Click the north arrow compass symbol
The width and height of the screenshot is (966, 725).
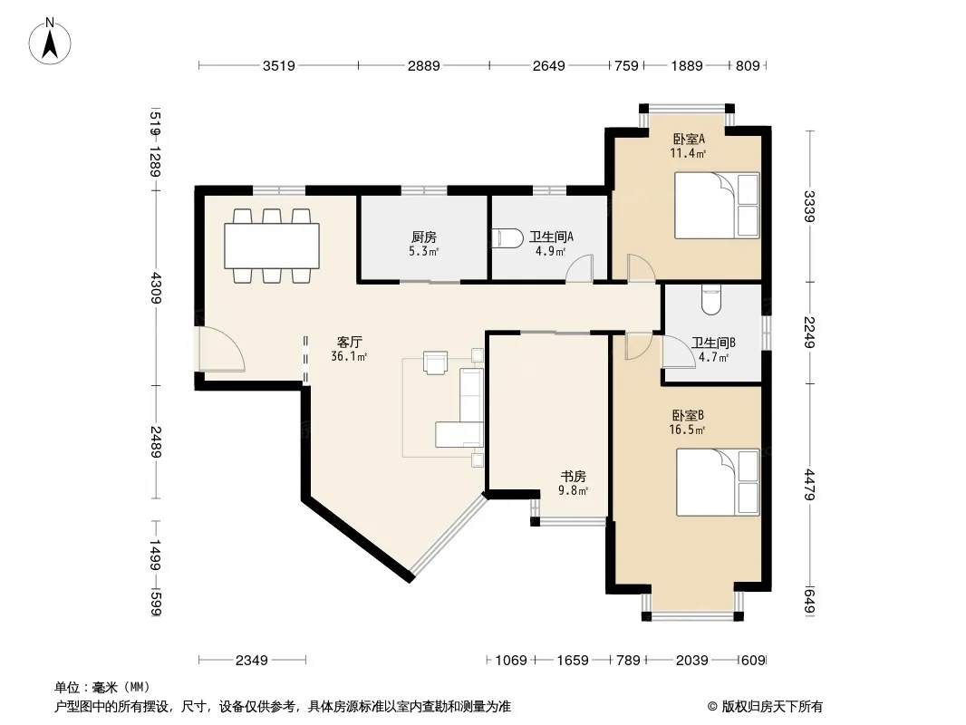[x=50, y=42]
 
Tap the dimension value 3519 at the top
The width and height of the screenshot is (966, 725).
[x=279, y=65]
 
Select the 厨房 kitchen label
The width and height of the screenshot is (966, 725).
[x=424, y=237]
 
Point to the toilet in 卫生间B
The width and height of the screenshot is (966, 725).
[x=711, y=300]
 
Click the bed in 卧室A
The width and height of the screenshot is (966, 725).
[x=717, y=205]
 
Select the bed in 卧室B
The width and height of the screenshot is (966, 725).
[x=718, y=482]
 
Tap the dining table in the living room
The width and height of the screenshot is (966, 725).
[x=272, y=246]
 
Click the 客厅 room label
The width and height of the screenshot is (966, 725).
[x=349, y=342]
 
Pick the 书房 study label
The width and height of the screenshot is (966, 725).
[x=573, y=476]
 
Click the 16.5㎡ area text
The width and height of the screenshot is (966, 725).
[x=687, y=430]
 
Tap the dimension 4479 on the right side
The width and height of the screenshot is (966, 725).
[x=809, y=485]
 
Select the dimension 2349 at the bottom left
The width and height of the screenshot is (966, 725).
[x=252, y=661]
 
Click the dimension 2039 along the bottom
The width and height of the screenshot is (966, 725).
[x=691, y=661]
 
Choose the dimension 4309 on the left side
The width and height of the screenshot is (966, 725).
[x=154, y=287]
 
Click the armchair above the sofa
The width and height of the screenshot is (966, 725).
[x=436, y=362]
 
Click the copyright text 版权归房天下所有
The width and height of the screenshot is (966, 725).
[x=772, y=707]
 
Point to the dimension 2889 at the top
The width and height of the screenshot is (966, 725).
[x=424, y=65]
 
